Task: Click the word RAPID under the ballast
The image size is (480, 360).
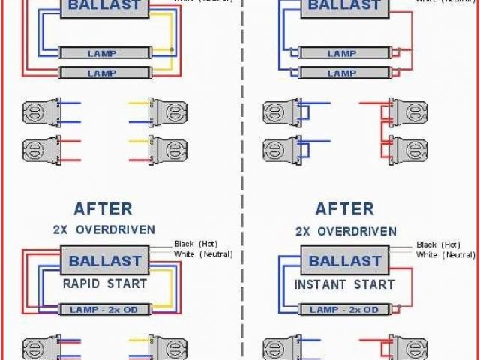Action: coord(82,284)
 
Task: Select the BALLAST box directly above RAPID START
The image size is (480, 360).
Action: coord(105,262)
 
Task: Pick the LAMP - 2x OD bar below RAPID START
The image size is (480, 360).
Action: coord(105,309)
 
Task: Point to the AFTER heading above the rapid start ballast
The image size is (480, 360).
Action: coord(103,208)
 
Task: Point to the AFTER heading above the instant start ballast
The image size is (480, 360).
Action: coord(344,208)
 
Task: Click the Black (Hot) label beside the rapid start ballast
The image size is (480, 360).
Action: coord(194,244)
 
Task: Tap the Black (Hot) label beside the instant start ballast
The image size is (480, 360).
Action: coord(438,244)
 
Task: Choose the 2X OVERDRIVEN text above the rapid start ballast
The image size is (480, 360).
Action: coord(103,229)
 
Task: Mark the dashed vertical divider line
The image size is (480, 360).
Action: coord(242,180)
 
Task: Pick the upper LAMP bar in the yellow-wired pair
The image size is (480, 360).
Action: coord(102,54)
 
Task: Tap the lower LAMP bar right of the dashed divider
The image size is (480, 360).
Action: coord(342,73)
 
